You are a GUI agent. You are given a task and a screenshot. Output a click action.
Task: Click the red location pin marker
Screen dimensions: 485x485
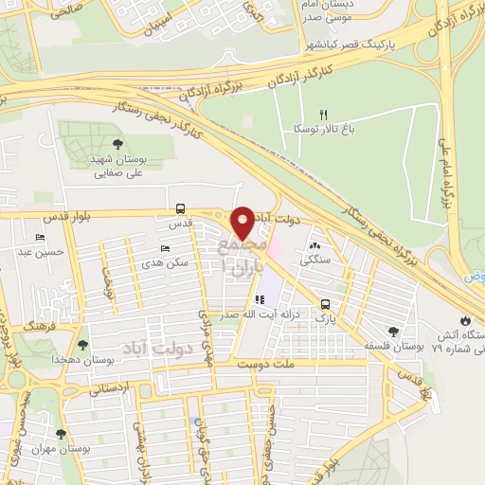coord(242,222)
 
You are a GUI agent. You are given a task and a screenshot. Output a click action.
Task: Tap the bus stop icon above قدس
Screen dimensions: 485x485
coord(180,209)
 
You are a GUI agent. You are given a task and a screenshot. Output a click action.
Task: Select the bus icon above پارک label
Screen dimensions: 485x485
coord(326,304)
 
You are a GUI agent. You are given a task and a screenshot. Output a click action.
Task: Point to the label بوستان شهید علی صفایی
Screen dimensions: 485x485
coord(117,167)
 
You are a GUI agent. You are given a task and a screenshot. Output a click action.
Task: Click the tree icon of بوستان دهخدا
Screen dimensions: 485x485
coord(82,345)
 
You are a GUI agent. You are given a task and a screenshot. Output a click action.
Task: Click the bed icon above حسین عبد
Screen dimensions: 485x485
coord(39,237)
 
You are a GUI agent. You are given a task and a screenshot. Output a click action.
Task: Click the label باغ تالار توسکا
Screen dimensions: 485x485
coord(298,128)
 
